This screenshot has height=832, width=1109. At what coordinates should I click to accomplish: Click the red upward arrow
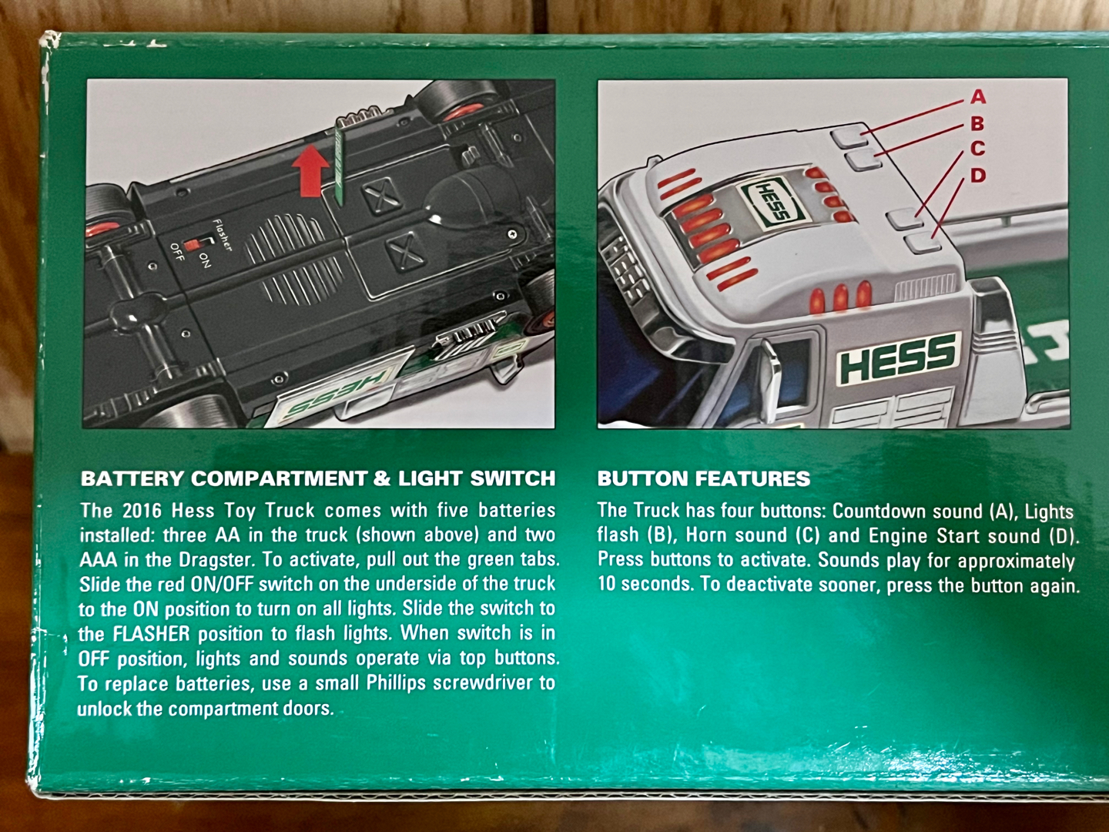[310, 171]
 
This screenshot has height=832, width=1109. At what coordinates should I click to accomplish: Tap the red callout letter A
[978, 96]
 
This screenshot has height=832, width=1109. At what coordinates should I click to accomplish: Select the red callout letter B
[977, 122]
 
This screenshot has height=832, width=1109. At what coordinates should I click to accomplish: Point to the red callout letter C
[977, 149]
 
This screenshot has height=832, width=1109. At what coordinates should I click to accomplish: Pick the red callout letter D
[978, 176]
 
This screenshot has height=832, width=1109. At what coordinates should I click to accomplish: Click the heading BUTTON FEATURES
[704, 478]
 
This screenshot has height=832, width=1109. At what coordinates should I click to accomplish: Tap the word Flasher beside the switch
[223, 235]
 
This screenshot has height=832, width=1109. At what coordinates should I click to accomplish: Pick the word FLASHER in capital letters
[152, 634]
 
